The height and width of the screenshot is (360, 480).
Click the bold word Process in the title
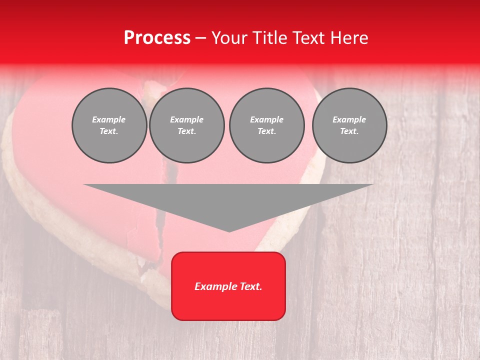(157, 38)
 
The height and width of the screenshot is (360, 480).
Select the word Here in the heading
(349, 38)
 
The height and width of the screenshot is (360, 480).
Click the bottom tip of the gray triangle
(229, 230)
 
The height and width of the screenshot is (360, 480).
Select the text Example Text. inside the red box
(228, 286)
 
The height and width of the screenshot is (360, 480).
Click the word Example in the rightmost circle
(349, 119)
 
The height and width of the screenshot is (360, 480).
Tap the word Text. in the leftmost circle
(109, 131)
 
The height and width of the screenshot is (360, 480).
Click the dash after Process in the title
(200, 38)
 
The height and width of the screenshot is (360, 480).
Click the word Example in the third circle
(266, 119)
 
